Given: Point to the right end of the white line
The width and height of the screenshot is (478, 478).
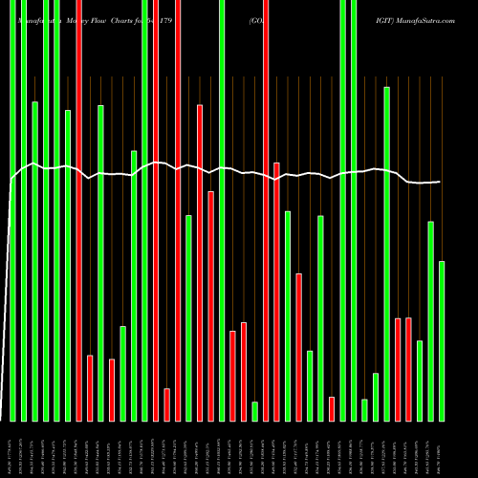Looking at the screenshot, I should click(440, 182).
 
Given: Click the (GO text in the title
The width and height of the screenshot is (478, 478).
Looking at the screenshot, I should click(257, 18).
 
